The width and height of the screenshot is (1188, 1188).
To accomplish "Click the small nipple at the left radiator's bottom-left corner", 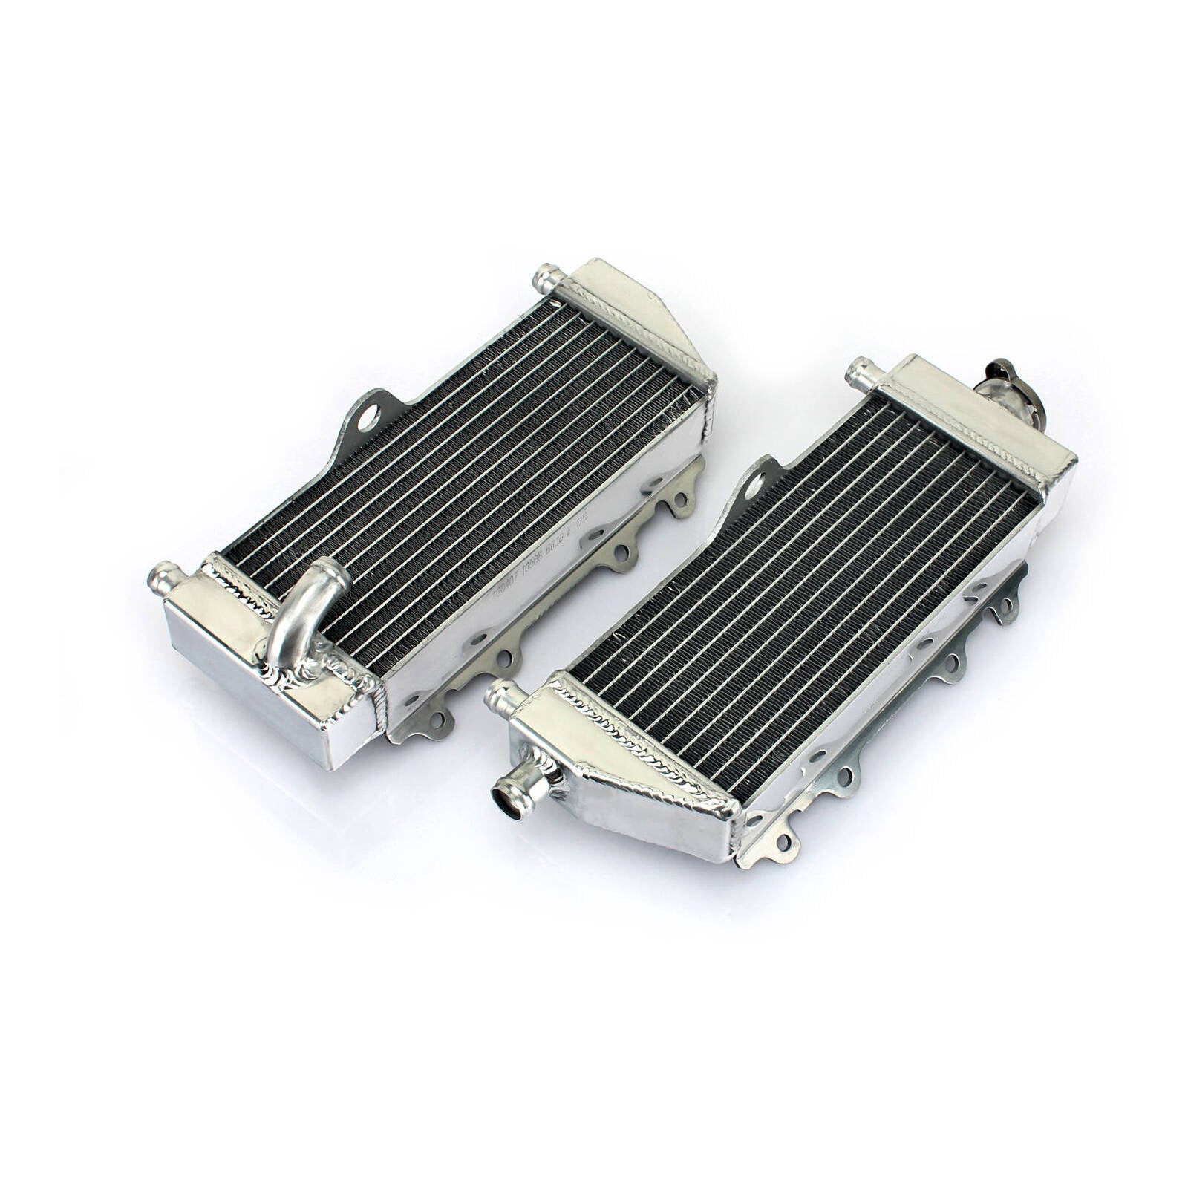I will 165,577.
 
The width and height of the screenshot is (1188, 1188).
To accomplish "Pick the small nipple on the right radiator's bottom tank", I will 502,696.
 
